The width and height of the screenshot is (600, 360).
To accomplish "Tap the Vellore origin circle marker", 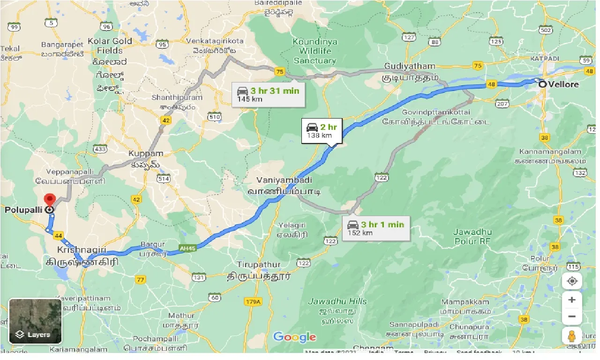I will [x=542, y=85].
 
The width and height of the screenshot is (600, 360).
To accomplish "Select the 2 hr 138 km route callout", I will [x=322, y=131].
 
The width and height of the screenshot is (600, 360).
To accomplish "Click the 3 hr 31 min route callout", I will [x=268, y=94].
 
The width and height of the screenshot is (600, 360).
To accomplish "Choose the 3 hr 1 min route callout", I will [x=376, y=228].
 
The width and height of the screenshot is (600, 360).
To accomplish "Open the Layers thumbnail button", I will [x=35, y=321].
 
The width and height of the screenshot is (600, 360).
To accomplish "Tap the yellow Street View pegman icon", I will [x=572, y=336].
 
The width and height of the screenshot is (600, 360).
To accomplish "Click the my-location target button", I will [x=572, y=281].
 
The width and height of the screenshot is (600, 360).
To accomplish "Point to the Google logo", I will [x=294, y=337].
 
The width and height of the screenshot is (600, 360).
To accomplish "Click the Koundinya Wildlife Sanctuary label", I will [x=315, y=51].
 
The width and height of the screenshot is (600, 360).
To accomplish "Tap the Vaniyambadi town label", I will [x=285, y=180].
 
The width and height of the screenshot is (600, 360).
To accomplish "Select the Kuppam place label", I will [x=146, y=154].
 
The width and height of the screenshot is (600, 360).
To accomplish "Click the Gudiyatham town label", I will [x=410, y=67].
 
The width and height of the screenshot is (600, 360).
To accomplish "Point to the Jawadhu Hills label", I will [x=337, y=301].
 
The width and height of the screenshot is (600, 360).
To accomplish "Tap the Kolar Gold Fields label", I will [x=115, y=46].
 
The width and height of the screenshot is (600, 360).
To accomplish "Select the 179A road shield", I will [x=252, y=302].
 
